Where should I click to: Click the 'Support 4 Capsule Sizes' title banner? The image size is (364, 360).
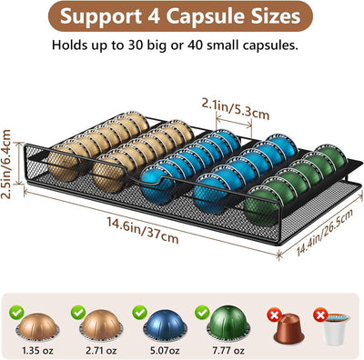180,16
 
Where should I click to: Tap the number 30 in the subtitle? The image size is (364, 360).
136,45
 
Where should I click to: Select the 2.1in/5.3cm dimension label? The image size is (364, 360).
236,109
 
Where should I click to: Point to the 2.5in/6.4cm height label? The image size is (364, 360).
6,164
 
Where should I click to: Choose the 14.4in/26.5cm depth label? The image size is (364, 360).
325,232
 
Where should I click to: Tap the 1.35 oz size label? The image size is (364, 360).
37,351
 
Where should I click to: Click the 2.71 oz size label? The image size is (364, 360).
101,351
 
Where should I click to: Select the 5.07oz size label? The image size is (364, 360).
165,351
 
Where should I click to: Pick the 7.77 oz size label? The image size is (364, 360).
228,351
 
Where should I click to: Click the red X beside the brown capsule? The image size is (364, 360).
274,315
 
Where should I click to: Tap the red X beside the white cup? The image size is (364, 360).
320,315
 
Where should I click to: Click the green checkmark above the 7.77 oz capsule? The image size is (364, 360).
202,313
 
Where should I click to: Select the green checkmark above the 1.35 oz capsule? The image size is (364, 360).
16,313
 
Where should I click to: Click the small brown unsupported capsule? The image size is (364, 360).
288,329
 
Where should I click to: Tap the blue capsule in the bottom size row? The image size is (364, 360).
165,325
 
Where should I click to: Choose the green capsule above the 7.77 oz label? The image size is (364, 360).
228,324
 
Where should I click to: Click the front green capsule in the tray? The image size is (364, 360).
261,206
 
